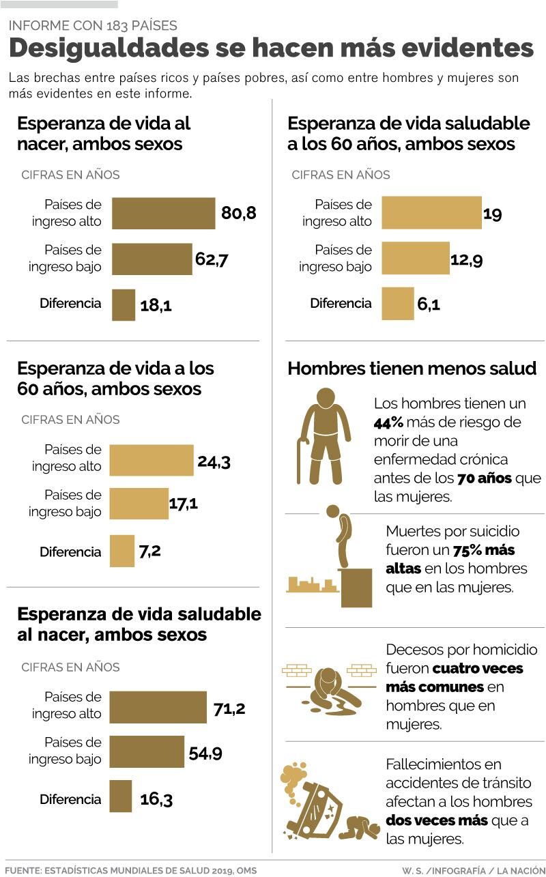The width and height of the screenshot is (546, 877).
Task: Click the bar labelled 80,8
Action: coord(163,213)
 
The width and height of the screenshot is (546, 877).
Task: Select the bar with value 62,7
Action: coord(152,259)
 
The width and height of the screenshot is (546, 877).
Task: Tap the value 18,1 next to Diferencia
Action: coord(156,305)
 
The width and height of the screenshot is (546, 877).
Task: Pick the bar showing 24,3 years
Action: coord(152,460)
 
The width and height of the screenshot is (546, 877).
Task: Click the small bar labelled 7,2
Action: coord(122,551)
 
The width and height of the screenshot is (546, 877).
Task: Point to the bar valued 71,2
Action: coord(158,707)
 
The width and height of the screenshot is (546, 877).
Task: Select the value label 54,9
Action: coord(205,753)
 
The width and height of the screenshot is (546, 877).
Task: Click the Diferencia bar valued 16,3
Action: coord(120,796)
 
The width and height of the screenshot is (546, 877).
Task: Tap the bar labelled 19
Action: coord(431,213)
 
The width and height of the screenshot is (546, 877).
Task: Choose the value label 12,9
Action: coord(467,259)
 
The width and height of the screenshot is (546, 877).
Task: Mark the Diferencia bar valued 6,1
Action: coord(397,304)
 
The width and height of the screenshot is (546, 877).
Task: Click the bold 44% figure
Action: coord(388,422)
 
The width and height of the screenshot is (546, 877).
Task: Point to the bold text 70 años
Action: coord(485,478)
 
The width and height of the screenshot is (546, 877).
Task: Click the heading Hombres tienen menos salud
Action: coord(412,369)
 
